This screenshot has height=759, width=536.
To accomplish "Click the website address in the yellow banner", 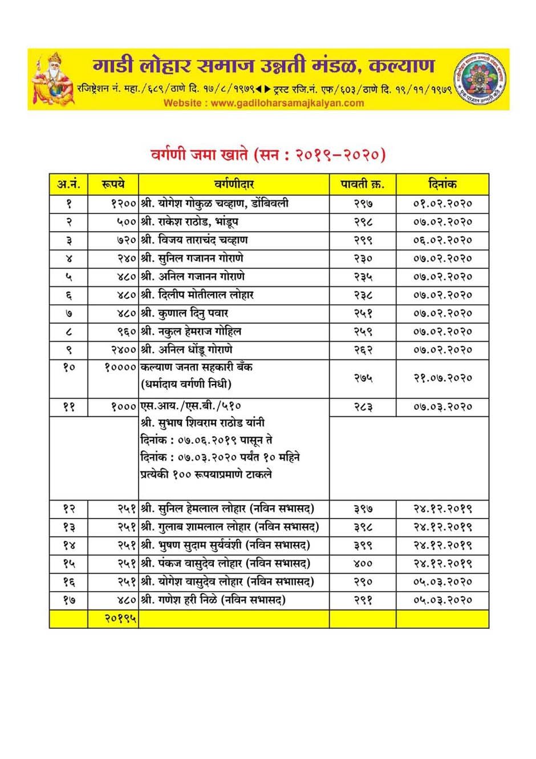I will pos(263,103).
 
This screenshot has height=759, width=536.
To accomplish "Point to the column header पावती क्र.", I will pos(363,184).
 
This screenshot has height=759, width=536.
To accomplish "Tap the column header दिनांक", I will pos(442,184).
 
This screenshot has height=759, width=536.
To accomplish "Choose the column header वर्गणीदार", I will pos(234,184).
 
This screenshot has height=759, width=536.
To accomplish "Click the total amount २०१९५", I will pos(120,618).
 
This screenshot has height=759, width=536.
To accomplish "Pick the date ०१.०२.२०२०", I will pos(442,204).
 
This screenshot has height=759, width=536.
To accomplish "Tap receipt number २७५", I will pos(363,378).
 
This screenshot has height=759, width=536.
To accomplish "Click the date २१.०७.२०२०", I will pos(442,378).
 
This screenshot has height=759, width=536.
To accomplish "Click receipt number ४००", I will pos(363,564).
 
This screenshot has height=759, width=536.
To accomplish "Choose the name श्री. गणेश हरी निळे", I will pos(213,600).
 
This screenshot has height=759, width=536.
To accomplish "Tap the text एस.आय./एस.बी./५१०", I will pos(190,406).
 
